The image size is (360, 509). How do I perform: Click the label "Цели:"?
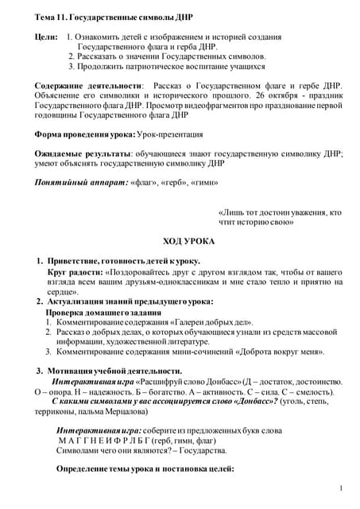(x=46, y=37)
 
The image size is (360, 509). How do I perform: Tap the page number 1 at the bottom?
(x=340, y=488)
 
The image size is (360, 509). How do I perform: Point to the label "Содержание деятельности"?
(x=87, y=84)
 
